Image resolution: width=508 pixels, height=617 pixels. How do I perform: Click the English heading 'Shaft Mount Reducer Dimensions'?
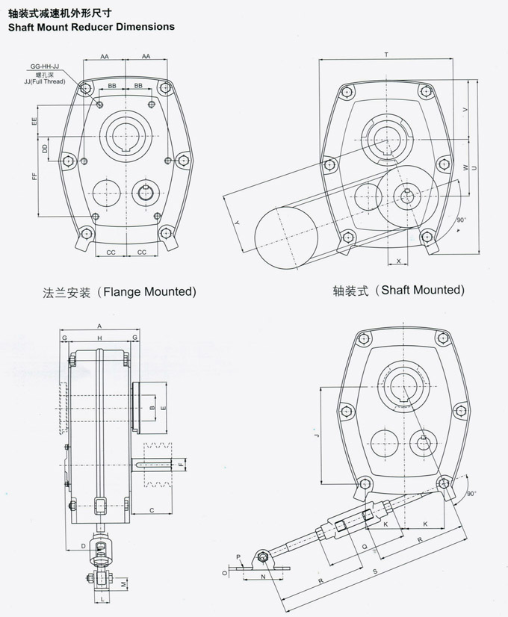point(90,26)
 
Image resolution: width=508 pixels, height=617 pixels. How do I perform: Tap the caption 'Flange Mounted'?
point(120,291)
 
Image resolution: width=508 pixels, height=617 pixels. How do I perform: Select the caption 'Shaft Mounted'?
point(399,290)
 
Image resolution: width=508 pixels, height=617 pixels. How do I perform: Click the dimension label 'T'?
point(386,55)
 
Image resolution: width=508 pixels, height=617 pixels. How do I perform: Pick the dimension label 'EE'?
point(35,120)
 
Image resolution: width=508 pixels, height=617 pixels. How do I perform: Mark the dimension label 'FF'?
point(35,176)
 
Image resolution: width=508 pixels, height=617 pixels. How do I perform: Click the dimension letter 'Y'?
point(235,223)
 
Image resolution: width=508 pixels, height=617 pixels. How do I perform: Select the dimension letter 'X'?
point(399,261)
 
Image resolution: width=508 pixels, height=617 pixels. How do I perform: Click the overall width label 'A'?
point(99,326)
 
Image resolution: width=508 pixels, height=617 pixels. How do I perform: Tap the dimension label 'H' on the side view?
point(99,338)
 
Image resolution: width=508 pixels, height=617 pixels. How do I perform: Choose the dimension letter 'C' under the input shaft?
point(152,510)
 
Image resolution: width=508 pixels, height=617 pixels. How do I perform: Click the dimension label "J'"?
point(317,436)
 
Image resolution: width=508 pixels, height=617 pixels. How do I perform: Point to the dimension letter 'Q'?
point(364,545)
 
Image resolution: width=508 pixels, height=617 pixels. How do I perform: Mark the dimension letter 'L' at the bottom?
point(101,599)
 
